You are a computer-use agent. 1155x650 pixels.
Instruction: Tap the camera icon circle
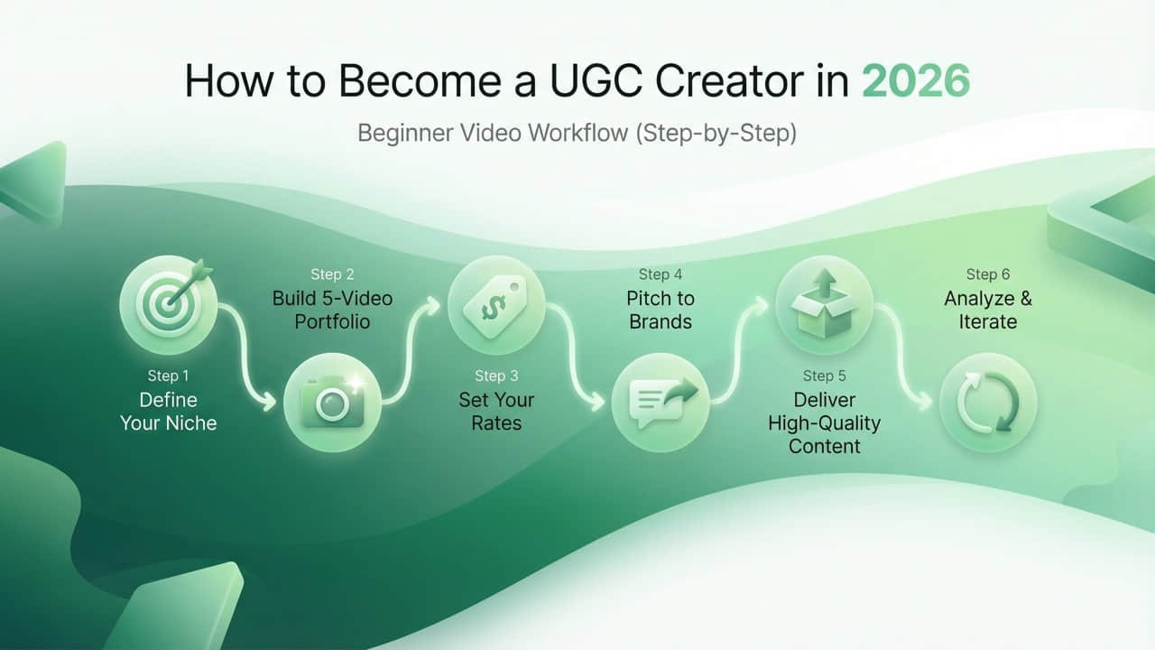(332, 403)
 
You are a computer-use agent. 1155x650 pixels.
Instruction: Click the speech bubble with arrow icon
(660, 403)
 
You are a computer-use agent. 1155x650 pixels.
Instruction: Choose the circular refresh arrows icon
(988, 403)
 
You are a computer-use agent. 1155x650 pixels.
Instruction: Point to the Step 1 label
(168, 376)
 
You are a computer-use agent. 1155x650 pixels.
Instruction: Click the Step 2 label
(332, 274)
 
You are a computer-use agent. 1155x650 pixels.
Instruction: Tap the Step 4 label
(660, 274)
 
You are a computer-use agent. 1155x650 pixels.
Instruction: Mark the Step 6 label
(987, 274)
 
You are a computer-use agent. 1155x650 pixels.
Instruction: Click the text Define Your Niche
(168, 411)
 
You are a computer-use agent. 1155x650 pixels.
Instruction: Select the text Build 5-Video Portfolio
(332, 310)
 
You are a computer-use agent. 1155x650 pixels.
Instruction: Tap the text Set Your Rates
(496, 411)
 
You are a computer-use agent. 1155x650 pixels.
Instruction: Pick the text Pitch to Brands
(660, 310)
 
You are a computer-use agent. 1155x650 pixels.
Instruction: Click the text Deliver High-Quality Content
(824, 422)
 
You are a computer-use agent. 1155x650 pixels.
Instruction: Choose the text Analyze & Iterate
(987, 310)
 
